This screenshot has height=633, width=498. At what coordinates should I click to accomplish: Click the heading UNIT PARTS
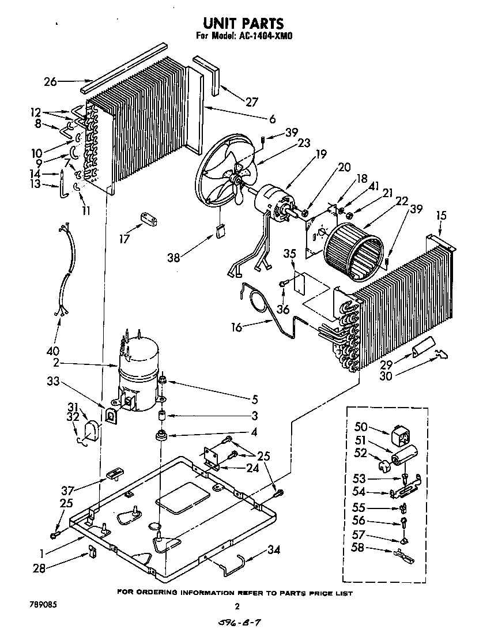click(x=243, y=23)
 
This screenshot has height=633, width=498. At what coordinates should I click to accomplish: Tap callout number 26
click(x=50, y=82)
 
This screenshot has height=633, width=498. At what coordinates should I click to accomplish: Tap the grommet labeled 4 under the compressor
click(x=161, y=434)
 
